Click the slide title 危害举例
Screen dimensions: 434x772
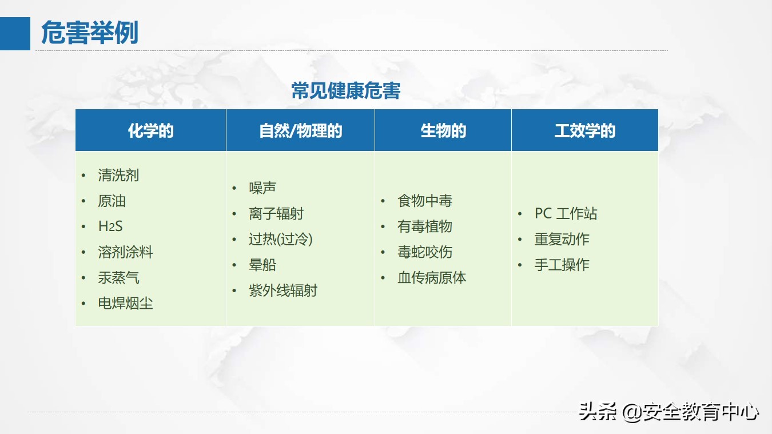coord(90,33)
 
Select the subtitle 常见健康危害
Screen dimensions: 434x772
coord(345,91)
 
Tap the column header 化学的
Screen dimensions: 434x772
coord(150,131)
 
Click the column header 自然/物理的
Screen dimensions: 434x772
coord(300,131)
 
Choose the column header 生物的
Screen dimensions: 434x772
coord(443,131)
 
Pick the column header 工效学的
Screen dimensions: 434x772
coord(584,131)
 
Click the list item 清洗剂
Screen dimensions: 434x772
coord(118,176)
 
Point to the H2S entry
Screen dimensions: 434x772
coord(110,226)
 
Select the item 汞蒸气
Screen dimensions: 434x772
coord(118,278)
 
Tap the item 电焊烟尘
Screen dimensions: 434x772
coord(125,304)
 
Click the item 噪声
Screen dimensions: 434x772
coord(262,188)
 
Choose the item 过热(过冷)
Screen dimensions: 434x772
coord(281,239)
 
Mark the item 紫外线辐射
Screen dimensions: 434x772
coord(282,290)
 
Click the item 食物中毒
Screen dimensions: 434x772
coord(425,201)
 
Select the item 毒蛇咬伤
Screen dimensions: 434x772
coord(425,252)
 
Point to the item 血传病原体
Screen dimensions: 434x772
coord(432,278)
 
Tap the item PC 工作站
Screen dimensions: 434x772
coord(566,214)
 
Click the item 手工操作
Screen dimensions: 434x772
coord(562,265)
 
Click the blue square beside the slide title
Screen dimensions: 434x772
coord(15,34)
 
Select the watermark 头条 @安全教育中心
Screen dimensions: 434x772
coord(668,412)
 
